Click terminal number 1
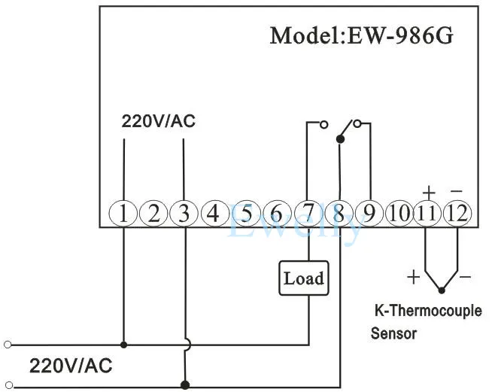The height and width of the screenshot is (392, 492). [x=123, y=214]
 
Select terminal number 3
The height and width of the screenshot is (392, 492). [x=184, y=214]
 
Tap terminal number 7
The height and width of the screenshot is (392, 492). [x=308, y=214]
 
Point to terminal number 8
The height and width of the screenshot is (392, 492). [x=339, y=214]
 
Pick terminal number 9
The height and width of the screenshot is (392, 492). [x=369, y=214]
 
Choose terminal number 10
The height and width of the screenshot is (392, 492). [x=399, y=214]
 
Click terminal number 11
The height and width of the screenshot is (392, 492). [x=428, y=214]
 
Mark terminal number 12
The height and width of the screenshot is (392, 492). [x=457, y=214]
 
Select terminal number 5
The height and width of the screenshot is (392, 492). [x=246, y=214]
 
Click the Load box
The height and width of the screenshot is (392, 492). [x=304, y=278]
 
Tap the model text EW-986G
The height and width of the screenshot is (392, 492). [x=401, y=35]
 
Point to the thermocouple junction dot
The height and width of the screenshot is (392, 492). [x=442, y=290]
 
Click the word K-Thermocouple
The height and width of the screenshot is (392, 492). [x=428, y=311]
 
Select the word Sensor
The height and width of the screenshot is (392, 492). [x=393, y=333]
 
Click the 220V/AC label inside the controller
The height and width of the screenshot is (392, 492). [x=159, y=121]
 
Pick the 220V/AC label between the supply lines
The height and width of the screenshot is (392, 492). [x=71, y=366]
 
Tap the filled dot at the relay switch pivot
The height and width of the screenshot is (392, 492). [x=340, y=139]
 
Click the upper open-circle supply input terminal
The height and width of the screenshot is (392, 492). [x=8, y=345]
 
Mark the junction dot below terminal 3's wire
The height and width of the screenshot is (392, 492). [x=185, y=384]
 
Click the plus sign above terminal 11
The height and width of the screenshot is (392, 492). [x=429, y=193]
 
